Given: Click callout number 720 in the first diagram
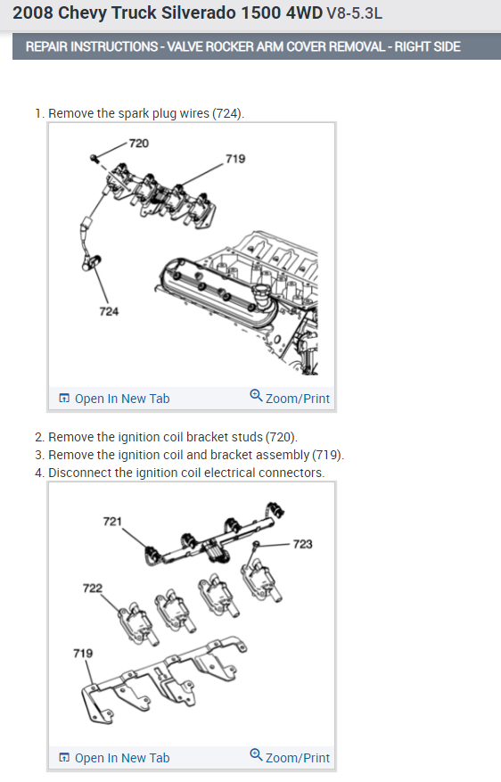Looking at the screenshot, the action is pos(138,144).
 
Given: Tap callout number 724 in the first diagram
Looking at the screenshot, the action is pos(109,312).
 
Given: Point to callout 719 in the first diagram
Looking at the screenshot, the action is pos(235,159).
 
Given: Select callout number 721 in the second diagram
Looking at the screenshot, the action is pos(112,522).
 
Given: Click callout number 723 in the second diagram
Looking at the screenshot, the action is pos(302,544).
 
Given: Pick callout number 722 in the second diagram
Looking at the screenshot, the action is pos(92,589).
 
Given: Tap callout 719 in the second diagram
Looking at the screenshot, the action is pos(83,654).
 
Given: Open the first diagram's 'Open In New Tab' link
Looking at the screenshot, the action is pos(115,399).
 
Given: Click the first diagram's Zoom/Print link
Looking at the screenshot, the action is pos(290,398).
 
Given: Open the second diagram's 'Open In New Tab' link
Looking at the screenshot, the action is pos(115,758).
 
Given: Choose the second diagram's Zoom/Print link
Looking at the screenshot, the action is pos(290,757).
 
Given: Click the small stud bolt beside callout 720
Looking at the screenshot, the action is pos(94,159).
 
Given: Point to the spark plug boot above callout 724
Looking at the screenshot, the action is pos(91,262).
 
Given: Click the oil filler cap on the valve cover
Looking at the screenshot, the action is pos(261,292).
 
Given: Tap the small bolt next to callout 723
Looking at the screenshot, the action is pos(256,544).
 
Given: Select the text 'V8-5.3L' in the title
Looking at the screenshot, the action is pos(355,13).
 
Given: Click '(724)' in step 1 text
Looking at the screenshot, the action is pos(228,114).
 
